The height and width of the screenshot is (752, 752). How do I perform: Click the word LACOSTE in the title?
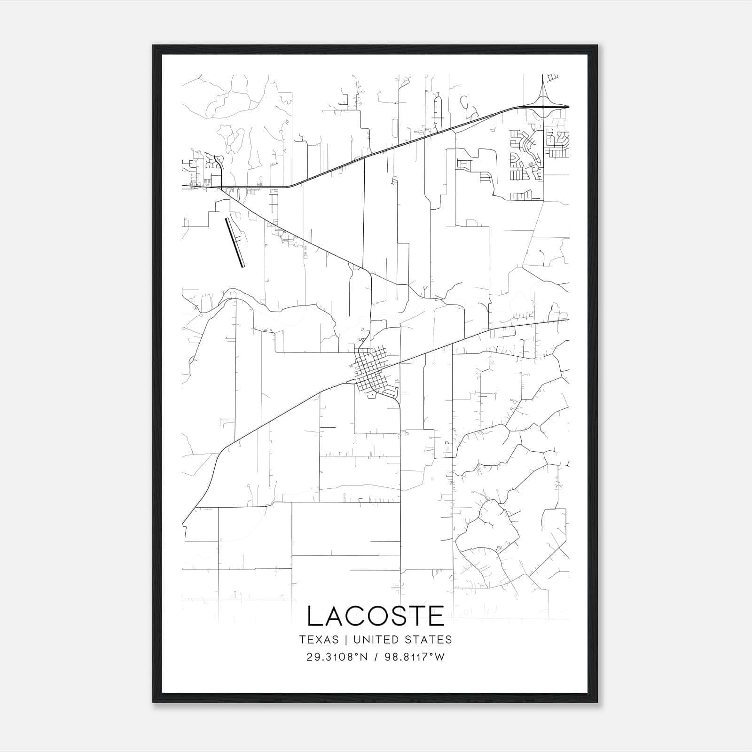point(376,616)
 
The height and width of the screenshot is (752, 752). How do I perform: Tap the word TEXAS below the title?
point(319,640)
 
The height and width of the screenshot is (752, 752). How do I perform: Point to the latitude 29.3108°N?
point(336,657)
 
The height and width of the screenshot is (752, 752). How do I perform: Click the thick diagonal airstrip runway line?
point(235,243)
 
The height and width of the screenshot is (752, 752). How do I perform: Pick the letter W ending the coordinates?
point(439,657)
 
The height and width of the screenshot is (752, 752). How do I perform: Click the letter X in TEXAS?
point(319,640)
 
